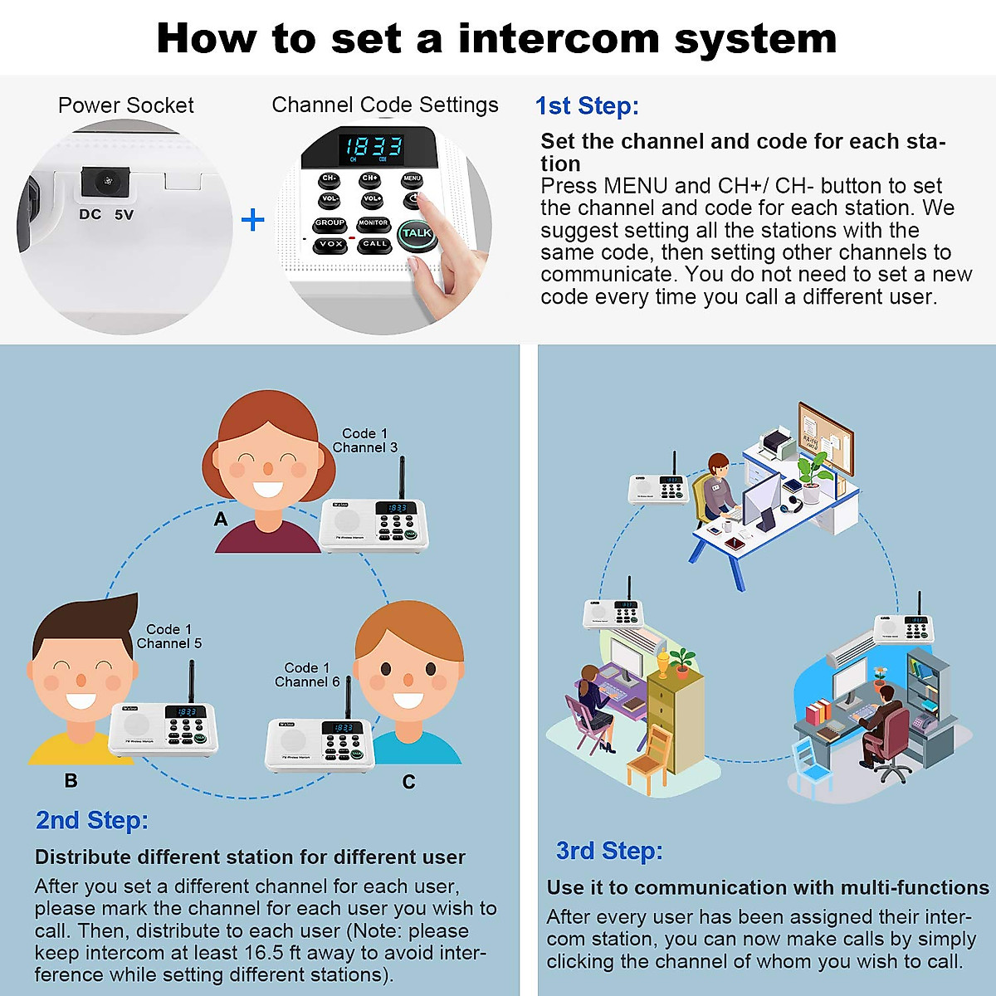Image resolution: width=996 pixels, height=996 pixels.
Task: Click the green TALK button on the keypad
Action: tap(416, 233)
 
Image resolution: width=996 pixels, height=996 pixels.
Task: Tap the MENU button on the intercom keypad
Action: tap(412, 178)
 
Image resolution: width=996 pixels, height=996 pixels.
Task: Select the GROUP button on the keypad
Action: tap(330, 223)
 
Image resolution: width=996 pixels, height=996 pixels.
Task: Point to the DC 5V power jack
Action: tap(106, 181)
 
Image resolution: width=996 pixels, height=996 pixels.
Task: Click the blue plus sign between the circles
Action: tap(252, 220)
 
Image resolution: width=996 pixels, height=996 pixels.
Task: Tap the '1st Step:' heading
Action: tap(587, 106)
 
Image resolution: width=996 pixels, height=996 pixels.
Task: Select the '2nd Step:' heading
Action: tap(92, 820)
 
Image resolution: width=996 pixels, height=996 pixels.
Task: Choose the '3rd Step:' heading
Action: tap(609, 851)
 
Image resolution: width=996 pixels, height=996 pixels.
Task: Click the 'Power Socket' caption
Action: tap(125, 105)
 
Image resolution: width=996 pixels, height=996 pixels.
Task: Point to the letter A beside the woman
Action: tap(221, 520)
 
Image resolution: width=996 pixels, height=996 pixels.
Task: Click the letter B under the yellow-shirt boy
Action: tap(71, 781)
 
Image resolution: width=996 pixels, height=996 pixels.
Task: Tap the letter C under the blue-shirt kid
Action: tap(408, 782)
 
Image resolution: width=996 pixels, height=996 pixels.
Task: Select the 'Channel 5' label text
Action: tap(169, 643)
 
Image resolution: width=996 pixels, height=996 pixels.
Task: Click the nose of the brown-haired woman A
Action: tap(267, 470)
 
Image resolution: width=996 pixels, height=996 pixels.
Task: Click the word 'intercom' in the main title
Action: tap(564, 39)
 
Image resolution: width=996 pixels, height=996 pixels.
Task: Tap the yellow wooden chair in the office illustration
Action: tap(648, 759)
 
